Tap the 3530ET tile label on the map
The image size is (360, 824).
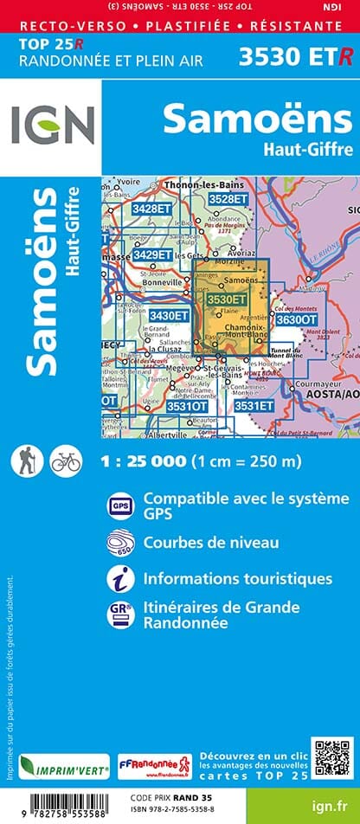click(x=228, y=299)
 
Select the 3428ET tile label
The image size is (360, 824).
click(x=127, y=209)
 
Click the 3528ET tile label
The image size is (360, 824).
click(x=228, y=199)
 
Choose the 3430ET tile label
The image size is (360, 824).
click(x=169, y=316)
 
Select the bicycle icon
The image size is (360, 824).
click(x=66, y=460)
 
